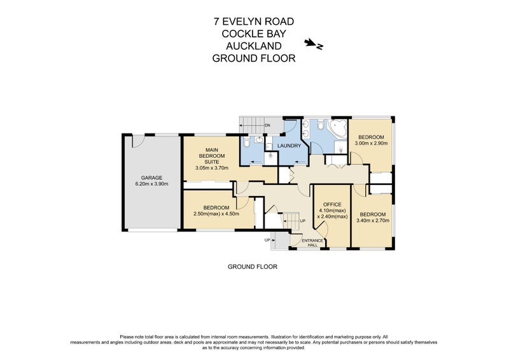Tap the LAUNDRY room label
tap(288, 146)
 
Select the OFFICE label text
tap(331, 204)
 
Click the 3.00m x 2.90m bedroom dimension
tap(370, 143)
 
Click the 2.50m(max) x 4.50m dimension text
tap(216, 214)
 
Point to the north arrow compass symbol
tap(314, 44)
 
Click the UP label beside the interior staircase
tap(302, 221)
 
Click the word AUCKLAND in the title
tap(254, 46)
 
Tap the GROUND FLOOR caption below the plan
tap(252, 267)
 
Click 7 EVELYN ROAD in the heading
tap(254, 22)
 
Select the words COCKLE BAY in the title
tap(254, 34)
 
